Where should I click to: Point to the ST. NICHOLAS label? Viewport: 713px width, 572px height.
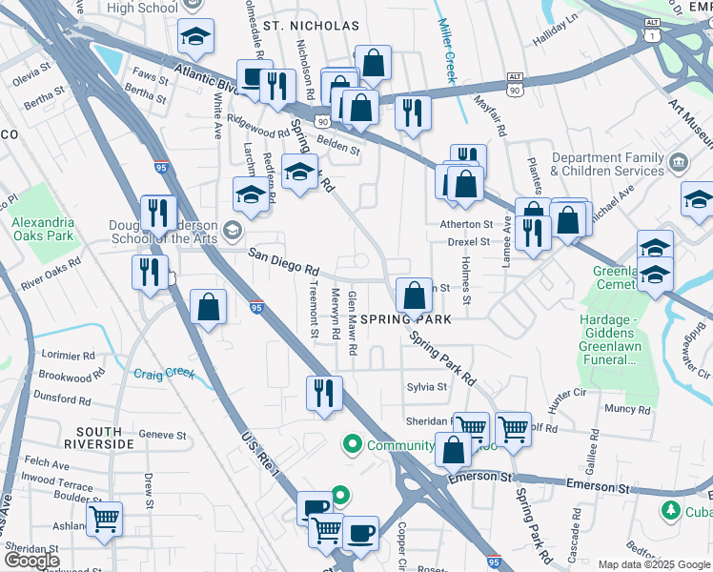coord(312,26)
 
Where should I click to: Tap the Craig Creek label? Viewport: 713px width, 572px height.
coord(163,374)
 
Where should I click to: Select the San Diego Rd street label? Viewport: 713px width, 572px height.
coord(283,258)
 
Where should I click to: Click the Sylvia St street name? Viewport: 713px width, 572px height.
coord(427,387)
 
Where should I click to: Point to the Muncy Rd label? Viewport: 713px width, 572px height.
coord(627,410)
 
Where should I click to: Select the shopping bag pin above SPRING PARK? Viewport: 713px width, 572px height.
coord(415,295)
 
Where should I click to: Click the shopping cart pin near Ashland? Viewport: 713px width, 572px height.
coord(105,519)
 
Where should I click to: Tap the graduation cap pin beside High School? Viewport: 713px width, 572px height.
coord(195,36)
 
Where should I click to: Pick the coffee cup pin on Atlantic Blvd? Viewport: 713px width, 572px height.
coord(252,78)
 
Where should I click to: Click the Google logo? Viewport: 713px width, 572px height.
coord(33,560)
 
